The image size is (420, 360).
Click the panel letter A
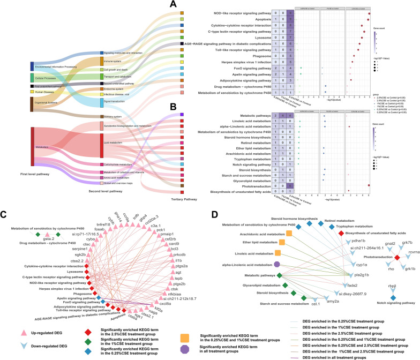[x=173, y=5]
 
